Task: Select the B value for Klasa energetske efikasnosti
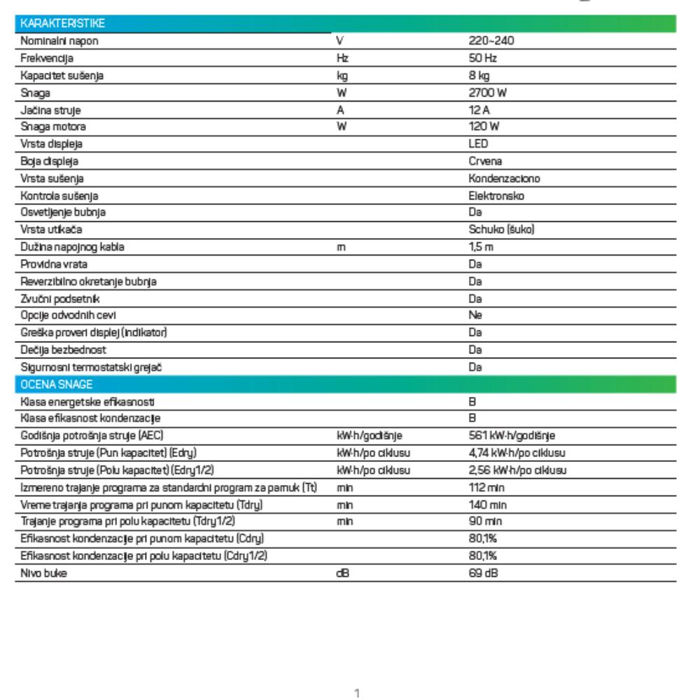click(472, 400)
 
